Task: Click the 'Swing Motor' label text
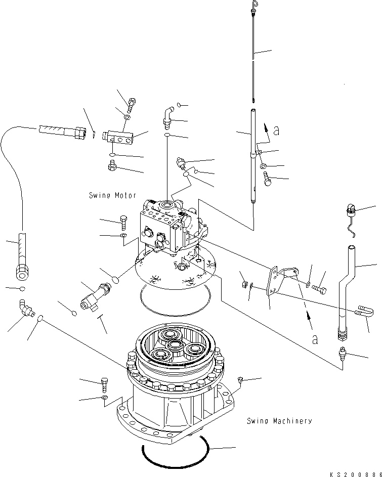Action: point(112,195)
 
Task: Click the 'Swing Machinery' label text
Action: point(279,421)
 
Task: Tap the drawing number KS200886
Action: point(356,474)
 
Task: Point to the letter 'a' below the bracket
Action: point(315,339)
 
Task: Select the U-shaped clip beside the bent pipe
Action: point(364,312)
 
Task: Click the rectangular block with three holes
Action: point(118,137)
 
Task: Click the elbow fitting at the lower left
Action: point(26,308)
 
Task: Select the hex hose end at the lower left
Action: point(22,271)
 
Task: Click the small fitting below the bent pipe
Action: point(343,353)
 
